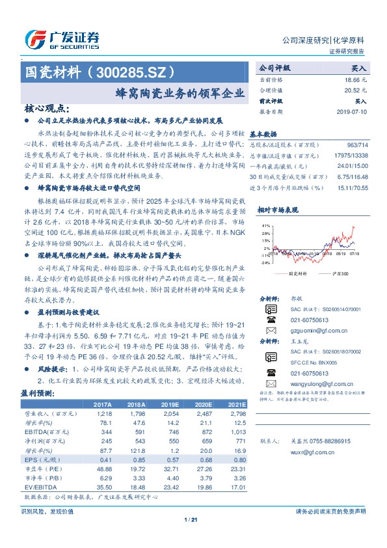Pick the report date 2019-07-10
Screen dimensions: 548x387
(x=352, y=111)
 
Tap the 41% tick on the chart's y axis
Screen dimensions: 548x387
(x=265, y=225)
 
